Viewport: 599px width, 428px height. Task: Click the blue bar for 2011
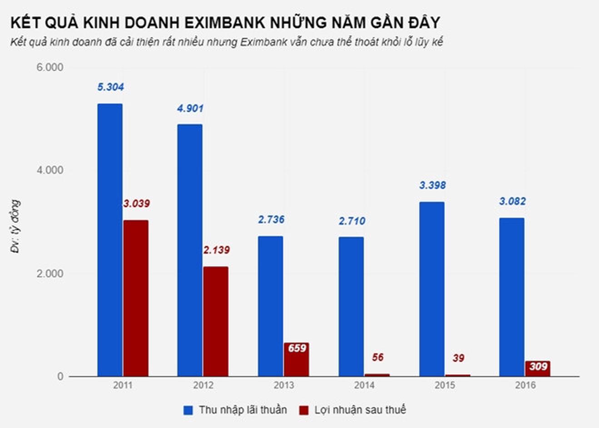[x=110, y=240]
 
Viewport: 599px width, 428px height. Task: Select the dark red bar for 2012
[x=216, y=322]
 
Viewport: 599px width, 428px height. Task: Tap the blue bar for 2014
[x=351, y=307]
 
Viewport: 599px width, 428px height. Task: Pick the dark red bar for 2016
[x=538, y=369]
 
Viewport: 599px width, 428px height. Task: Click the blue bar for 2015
[x=431, y=289]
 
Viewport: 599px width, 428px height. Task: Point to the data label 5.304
[x=110, y=87]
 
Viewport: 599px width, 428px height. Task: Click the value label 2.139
[x=216, y=250]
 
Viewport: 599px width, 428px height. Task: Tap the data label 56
[x=377, y=358]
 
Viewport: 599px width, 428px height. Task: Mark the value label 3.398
[x=432, y=185]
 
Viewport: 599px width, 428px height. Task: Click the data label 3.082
[x=512, y=201]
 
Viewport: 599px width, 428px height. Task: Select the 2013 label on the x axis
[x=284, y=385]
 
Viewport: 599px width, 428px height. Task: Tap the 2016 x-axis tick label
[x=525, y=385]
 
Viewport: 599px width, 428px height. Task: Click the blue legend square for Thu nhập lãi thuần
[x=188, y=410]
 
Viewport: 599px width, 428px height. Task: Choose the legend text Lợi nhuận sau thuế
[x=360, y=410]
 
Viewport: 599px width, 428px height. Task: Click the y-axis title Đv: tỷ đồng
[x=16, y=226]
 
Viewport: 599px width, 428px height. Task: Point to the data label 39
[x=458, y=358]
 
